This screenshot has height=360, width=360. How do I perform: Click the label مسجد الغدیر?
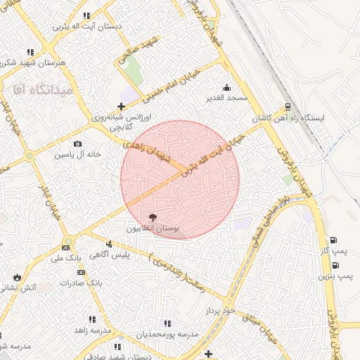coord(227,98)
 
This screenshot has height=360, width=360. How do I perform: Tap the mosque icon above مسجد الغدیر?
coord(226,88)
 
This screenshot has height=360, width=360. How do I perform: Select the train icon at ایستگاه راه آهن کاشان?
coord(288,108)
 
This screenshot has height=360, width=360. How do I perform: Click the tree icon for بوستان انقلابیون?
coord(154,217)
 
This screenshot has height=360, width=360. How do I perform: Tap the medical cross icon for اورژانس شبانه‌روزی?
coord(121,106)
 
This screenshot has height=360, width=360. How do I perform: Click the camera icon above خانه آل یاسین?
coord(78,143)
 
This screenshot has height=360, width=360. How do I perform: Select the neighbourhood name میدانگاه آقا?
coord(39,89)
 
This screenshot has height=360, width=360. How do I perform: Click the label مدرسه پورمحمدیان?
coord(168,334)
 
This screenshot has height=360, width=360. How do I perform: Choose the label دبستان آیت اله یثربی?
coord(87,26)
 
